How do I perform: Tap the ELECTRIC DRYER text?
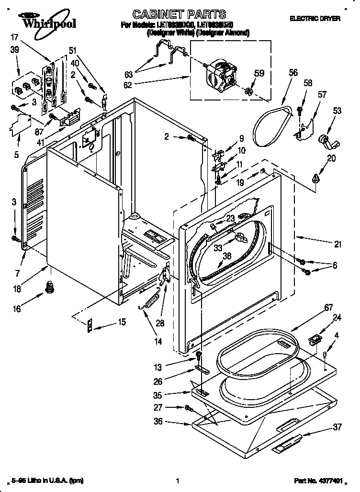click(x=315, y=18)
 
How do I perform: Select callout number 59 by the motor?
click(x=259, y=74)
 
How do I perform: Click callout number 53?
click(x=337, y=112)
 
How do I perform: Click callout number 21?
click(x=338, y=245)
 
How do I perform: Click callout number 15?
click(x=122, y=322)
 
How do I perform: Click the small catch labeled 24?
click(x=314, y=340)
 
